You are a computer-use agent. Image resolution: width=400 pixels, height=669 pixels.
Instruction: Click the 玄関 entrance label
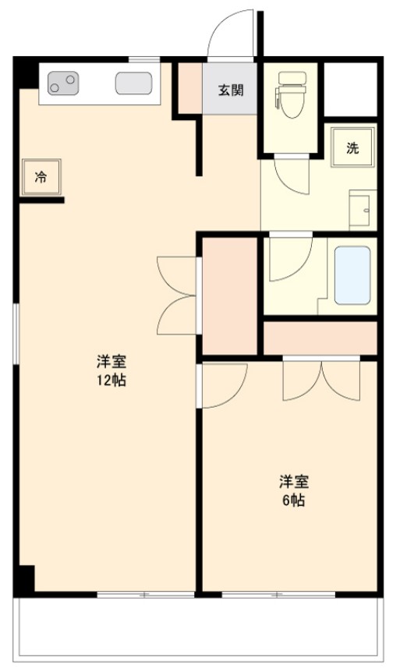(x=230, y=89)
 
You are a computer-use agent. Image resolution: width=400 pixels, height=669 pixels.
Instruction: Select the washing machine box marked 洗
(x=352, y=149)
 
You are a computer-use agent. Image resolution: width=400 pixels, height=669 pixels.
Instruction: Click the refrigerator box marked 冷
(x=41, y=177)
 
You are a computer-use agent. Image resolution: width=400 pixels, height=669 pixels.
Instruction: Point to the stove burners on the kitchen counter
(x=63, y=82)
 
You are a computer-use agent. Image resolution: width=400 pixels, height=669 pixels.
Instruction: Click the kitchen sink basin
(x=133, y=83)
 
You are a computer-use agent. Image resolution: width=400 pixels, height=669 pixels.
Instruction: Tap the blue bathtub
(x=352, y=275)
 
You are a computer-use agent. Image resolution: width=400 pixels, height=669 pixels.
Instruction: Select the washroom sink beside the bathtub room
(x=363, y=209)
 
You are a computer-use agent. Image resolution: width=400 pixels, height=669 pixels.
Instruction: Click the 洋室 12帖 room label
(x=112, y=371)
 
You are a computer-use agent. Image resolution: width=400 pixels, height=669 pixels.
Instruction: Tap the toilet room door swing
(x=292, y=176)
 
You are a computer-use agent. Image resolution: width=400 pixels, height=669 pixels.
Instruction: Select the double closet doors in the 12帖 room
(x=175, y=296)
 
